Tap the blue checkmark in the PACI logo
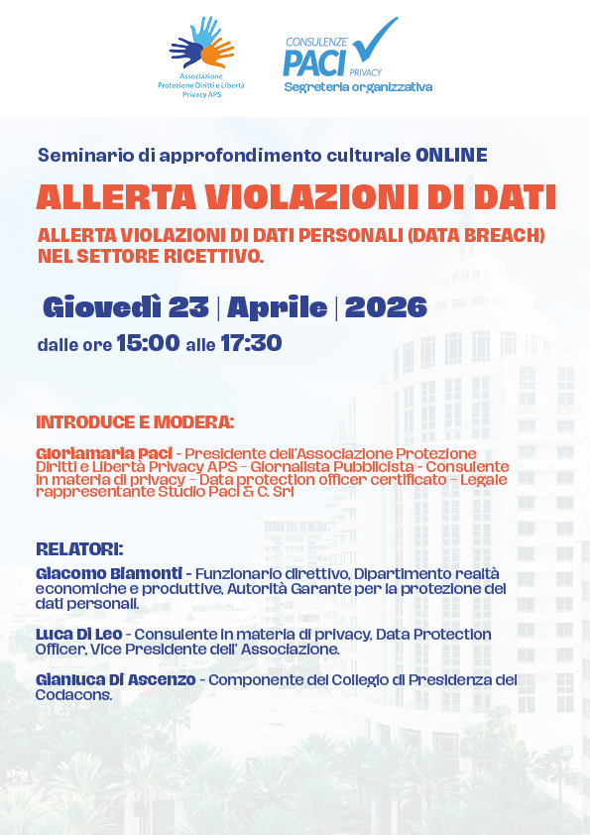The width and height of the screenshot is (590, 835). pyautogui.click(x=376, y=40)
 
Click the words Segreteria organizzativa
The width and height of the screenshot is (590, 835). pyautogui.click(x=358, y=87)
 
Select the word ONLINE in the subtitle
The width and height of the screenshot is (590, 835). pyautogui.click(x=451, y=155)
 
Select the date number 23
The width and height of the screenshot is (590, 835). pyautogui.click(x=188, y=307)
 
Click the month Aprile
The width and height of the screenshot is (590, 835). pyautogui.click(x=278, y=307)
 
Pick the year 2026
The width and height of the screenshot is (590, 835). pyautogui.click(x=386, y=307)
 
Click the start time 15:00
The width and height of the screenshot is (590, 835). pyautogui.click(x=148, y=344)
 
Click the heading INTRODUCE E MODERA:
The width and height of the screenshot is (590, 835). pyautogui.click(x=135, y=421)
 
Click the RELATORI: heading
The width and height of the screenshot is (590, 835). pyautogui.click(x=80, y=548)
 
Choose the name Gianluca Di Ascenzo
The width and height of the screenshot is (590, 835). pyautogui.click(x=117, y=680)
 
